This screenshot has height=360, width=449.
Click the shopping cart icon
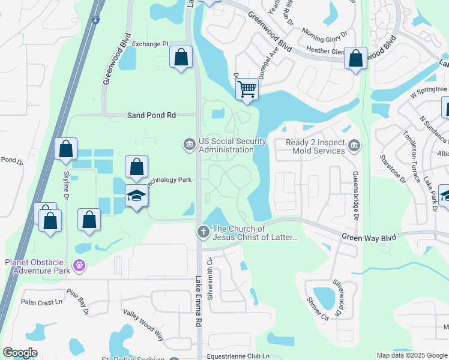point(247,89)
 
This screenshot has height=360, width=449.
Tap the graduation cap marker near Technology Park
point(137,196)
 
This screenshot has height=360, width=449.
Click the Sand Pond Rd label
point(151,115)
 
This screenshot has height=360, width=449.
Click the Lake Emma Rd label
point(198,301)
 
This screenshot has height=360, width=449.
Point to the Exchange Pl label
point(150,44)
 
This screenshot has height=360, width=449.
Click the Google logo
point(20,353)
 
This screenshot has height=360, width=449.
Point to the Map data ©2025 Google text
point(411,355)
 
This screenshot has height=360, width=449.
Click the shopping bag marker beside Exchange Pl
point(181,58)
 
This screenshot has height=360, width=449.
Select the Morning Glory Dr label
point(325,32)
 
